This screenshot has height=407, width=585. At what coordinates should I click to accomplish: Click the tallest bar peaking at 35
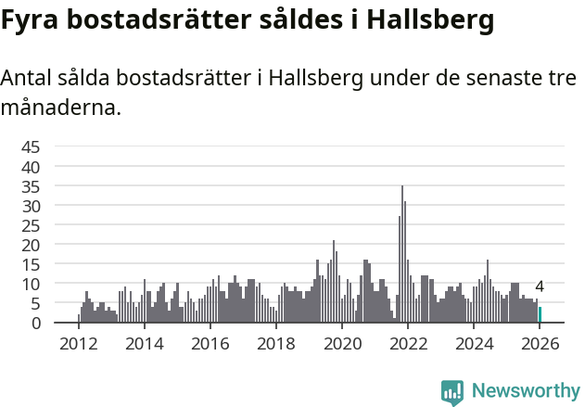pos(402,255)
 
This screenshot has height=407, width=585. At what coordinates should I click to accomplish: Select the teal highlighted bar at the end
pos(540,315)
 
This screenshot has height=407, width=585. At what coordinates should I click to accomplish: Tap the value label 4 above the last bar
pos(540,287)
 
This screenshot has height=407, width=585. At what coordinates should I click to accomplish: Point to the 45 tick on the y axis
pos(31,146)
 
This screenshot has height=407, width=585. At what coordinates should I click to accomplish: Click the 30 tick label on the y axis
pos(31,205)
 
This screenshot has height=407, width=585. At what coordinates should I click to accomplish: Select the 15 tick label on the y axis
pos(31,264)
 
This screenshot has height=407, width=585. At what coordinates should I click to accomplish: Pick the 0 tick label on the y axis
pos(36,323)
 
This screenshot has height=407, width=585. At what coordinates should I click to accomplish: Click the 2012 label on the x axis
pos(78,342)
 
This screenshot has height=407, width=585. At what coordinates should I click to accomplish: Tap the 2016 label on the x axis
pos(210,342)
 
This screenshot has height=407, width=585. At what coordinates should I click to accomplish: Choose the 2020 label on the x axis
pos(342,342)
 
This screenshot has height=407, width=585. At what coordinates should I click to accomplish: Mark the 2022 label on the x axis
pos(408,342)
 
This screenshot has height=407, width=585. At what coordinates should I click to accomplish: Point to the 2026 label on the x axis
pos(540,342)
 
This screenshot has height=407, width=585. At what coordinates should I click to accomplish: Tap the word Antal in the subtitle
pos(28,79)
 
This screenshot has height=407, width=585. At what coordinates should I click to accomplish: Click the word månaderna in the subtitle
pos(61,108)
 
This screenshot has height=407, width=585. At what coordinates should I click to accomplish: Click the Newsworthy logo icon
pos(452,392)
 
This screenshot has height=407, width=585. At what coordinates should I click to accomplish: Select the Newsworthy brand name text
pos(526,392)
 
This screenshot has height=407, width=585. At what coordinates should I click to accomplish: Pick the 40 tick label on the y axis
pos(31,166)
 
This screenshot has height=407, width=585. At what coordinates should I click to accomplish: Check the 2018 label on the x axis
pos(276,342)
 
